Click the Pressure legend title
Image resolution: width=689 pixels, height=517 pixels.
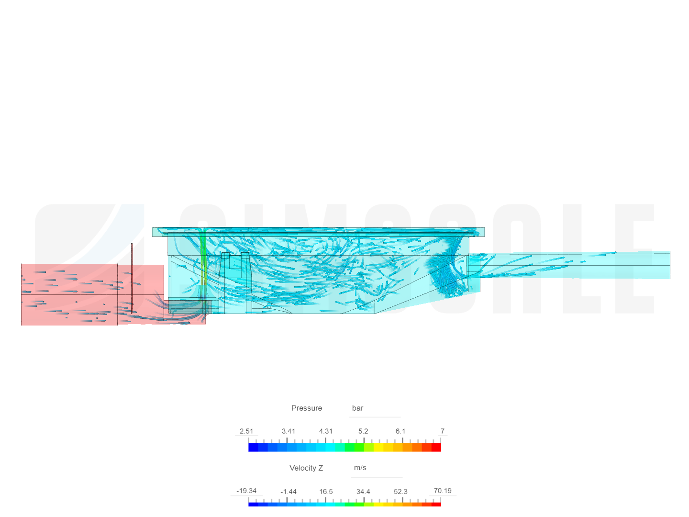click(306, 408)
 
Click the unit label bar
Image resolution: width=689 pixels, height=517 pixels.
click(357, 408)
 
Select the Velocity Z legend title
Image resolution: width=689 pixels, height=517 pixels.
click(306, 468)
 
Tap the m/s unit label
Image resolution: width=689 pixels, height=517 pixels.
click(360, 468)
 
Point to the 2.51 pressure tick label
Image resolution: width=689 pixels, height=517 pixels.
click(246, 431)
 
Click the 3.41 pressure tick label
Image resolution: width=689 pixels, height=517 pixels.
click(288, 431)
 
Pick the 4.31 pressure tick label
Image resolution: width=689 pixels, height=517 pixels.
click(325, 431)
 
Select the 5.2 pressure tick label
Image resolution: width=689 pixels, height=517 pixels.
click(363, 431)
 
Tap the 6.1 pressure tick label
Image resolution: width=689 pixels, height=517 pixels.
click(400, 431)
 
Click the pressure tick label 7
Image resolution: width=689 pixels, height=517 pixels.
click(442, 431)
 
